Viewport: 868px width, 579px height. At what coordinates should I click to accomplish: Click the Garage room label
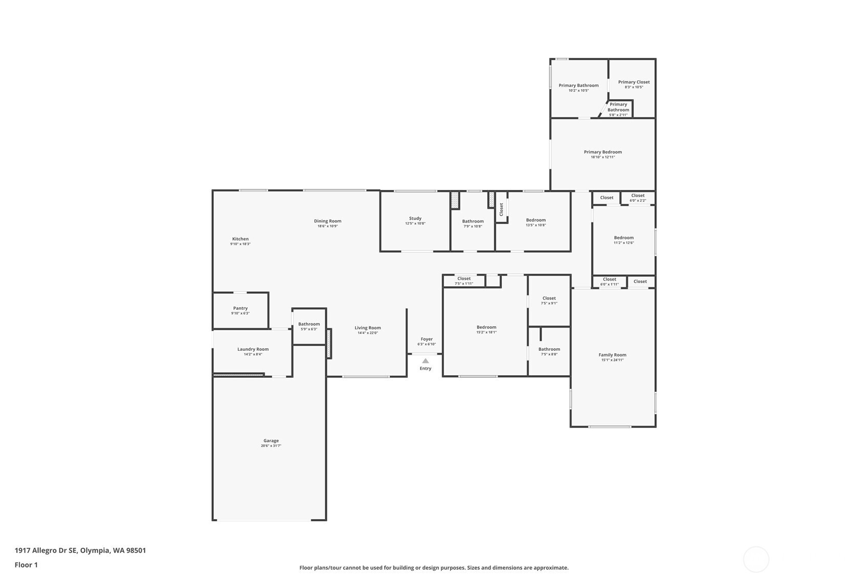(x=271, y=441)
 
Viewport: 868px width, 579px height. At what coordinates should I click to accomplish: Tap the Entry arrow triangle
(x=426, y=361)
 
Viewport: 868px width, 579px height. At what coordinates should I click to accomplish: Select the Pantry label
(x=240, y=308)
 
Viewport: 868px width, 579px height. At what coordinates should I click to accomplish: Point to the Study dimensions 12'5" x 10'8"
(x=415, y=223)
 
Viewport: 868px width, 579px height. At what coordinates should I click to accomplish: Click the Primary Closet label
(x=634, y=82)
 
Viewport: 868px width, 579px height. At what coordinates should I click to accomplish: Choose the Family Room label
(x=612, y=355)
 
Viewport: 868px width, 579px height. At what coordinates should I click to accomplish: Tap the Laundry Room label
(x=253, y=349)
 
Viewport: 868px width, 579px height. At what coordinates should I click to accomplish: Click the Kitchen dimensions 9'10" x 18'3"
(x=240, y=244)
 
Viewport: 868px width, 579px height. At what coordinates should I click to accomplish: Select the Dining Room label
(x=327, y=221)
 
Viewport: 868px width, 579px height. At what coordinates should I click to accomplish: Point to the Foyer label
(x=427, y=339)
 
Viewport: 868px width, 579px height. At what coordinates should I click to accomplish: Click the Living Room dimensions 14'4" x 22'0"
(x=367, y=333)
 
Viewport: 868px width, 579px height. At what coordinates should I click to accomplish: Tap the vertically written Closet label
(x=501, y=209)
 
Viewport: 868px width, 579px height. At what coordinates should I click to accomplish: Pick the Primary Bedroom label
(x=603, y=152)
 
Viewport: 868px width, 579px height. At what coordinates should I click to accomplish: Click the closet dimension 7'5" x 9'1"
(x=549, y=303)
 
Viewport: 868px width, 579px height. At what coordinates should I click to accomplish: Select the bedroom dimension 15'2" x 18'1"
(x=486, y=332)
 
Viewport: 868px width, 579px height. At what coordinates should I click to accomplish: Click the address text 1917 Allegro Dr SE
(x=46, y=550)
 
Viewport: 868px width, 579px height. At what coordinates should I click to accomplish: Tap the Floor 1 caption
(x=27, y=565)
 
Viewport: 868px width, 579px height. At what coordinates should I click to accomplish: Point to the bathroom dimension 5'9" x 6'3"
(x=309, y=329)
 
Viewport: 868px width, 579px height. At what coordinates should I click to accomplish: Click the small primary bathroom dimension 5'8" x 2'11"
(x=618, y=115)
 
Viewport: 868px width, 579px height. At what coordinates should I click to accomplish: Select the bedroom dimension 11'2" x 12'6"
(x=624, y=243)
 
